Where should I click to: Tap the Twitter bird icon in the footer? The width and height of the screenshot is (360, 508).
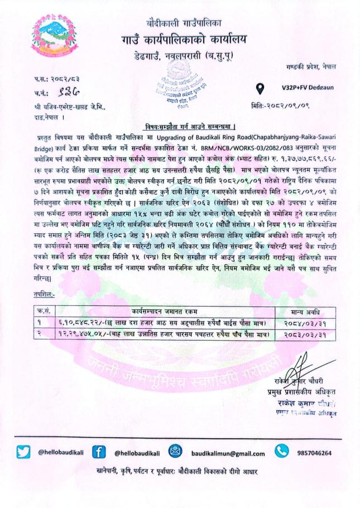pos(23,452)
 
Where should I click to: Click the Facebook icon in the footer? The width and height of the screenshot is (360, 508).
pos(99,452)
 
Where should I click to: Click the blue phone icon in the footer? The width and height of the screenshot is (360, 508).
pos(281,451)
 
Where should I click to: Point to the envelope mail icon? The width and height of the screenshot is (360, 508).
pos(175,452)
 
